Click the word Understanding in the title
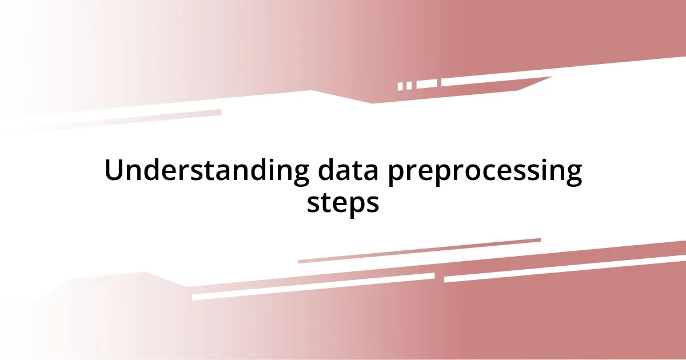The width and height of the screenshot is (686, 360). pos(202,171)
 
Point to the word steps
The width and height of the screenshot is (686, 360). pos(343,203)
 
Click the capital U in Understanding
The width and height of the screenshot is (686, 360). pos(114,171)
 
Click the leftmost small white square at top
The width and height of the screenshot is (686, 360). pos(401,86)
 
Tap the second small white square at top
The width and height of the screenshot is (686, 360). pos(409,86)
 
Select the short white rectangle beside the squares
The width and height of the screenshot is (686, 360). pos(426,84)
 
